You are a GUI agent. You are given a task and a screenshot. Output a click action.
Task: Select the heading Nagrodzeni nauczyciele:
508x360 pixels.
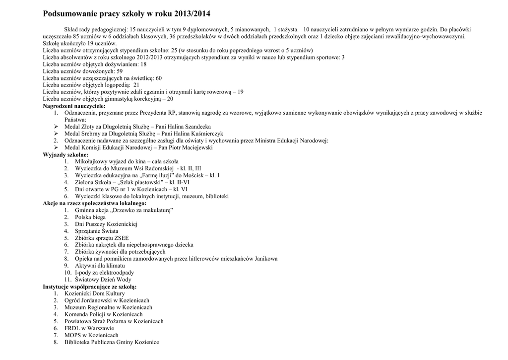tap(74, 106)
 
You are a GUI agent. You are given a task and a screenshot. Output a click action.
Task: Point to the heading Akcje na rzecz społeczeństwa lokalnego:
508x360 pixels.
tap(94, 204)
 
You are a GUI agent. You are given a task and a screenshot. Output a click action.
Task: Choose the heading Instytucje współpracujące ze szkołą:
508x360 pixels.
tap(90, 287)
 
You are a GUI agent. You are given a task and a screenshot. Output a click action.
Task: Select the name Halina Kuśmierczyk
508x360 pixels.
tap(196, 134)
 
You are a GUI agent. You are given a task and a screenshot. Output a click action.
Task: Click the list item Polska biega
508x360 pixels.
tap(90, 217)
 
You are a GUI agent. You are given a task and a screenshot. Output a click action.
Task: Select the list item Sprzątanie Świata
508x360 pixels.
tap(96, 231)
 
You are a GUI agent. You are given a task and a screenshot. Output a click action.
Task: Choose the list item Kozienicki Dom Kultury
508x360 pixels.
tap(95, 294)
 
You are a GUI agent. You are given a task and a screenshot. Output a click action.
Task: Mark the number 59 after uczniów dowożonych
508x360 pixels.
tap(120, 72)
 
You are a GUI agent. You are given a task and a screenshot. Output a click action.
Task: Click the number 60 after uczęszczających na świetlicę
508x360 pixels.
tap(159, 78)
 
